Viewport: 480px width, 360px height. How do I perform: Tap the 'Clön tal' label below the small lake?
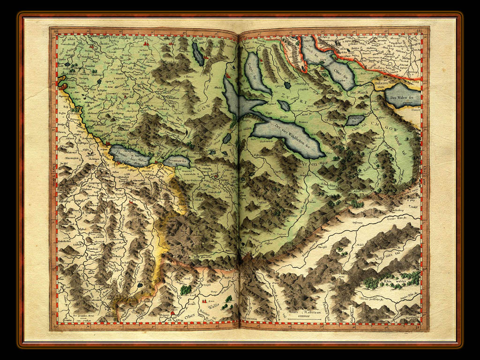click(356, 129)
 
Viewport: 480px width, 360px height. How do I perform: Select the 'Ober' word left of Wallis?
click(190, 315)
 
